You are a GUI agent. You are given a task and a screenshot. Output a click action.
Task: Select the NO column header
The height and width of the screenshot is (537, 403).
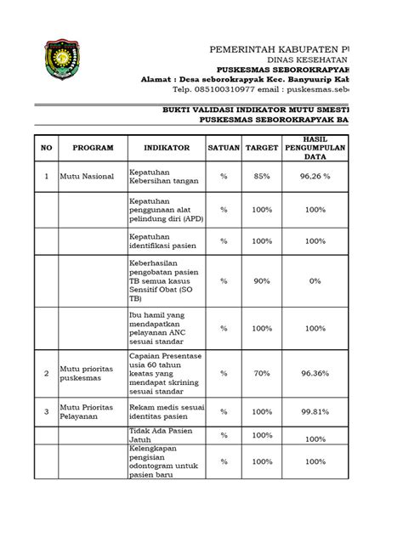pos(47,147)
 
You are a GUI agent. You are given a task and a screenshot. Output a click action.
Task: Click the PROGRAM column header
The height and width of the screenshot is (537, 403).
pos(93,147)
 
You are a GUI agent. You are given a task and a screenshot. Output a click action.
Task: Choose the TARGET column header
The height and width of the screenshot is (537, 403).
pos(262,147)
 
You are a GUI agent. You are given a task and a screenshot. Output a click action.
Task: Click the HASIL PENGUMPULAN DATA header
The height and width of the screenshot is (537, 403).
pos(315,146)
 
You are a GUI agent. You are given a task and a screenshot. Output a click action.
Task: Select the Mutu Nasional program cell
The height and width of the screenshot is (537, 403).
pos(86,178)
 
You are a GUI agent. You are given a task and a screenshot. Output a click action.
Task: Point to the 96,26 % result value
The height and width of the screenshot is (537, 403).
pos(315,178)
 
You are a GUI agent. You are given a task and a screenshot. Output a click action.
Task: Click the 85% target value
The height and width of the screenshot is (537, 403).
pos(262,178)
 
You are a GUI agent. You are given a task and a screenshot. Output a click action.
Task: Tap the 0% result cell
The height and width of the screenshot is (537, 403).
pos(315,280)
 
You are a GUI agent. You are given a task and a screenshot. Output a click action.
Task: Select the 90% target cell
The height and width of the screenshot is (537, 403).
pos(262,280)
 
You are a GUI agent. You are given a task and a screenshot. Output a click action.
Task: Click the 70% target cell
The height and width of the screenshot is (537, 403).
pos(262,371)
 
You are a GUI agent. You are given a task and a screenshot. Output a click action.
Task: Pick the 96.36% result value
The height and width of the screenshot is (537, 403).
pos(315,371)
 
